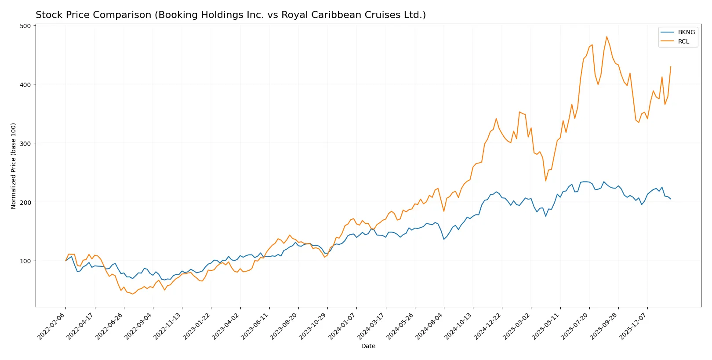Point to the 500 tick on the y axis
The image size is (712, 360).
(25, 26)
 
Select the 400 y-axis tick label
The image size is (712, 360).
(25, 84)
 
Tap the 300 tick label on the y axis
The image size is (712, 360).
(25, 143)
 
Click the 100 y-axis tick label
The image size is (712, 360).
(25, 261)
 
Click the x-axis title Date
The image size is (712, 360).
(368, 346)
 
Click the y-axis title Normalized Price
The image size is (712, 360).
(14, 166)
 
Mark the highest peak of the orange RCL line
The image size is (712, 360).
(607, 37)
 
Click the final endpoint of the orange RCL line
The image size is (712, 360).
(671, 67)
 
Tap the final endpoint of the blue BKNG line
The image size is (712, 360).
(671, 199)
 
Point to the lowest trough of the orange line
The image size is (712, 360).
(132, 294)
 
